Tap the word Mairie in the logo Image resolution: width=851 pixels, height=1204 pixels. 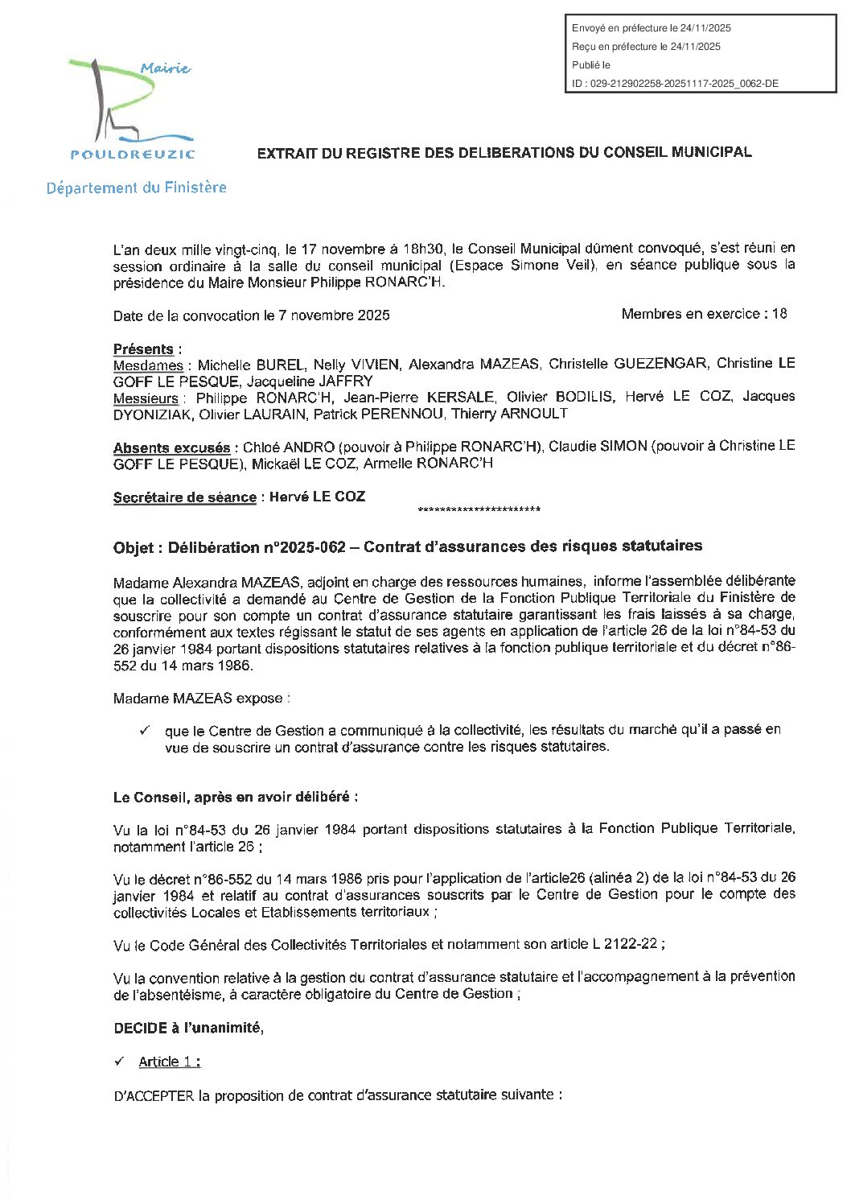click(x=166, y=69)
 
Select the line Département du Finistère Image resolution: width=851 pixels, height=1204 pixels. click(x=136, y=188)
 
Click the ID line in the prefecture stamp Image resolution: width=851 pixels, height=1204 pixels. click(x=675, y=83)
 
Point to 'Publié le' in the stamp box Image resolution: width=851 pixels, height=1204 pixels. click(x=591, y=64)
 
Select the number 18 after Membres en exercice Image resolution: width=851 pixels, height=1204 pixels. click(x=779, y=314)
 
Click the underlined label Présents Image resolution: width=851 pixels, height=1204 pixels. click(x=143, y=348)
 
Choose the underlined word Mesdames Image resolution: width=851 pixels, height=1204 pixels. click(x=148, y=365)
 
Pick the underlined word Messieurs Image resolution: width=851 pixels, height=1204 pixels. click(x=146, y=398)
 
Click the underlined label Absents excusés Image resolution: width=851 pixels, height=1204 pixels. click(x=171, y=447)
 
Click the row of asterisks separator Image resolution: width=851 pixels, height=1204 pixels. click(x=479, y=509)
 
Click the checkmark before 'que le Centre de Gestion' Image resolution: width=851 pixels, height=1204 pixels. click(x=146, y=730)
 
